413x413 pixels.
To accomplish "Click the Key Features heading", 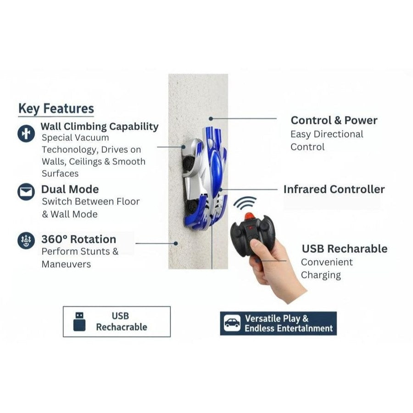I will [x=56, y=109].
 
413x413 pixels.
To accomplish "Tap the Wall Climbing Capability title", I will [x=100, y=126].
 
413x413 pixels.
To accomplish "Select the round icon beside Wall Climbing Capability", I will [x=26, y=133].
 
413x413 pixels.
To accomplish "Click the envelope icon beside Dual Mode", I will [x=26, y=191].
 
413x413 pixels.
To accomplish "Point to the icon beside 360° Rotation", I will [x=26, y=240].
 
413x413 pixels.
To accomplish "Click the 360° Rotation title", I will [x=78, y=239].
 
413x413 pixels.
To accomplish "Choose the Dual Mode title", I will [x=70, y=189].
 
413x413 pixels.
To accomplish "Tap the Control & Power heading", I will [x=334, y=120].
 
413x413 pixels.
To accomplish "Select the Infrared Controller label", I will [x=334, y=189].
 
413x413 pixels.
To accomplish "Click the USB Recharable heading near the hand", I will [x=344, y=249].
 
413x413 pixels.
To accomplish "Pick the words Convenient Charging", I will [x=327, y=268].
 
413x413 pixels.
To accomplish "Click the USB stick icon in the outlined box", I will [x=79, y=321].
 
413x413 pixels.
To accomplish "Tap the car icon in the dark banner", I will [x=232, y=323].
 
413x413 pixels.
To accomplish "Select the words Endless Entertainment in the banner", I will [x=289, y=329].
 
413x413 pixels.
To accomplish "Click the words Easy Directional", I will [x=326, y=134].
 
